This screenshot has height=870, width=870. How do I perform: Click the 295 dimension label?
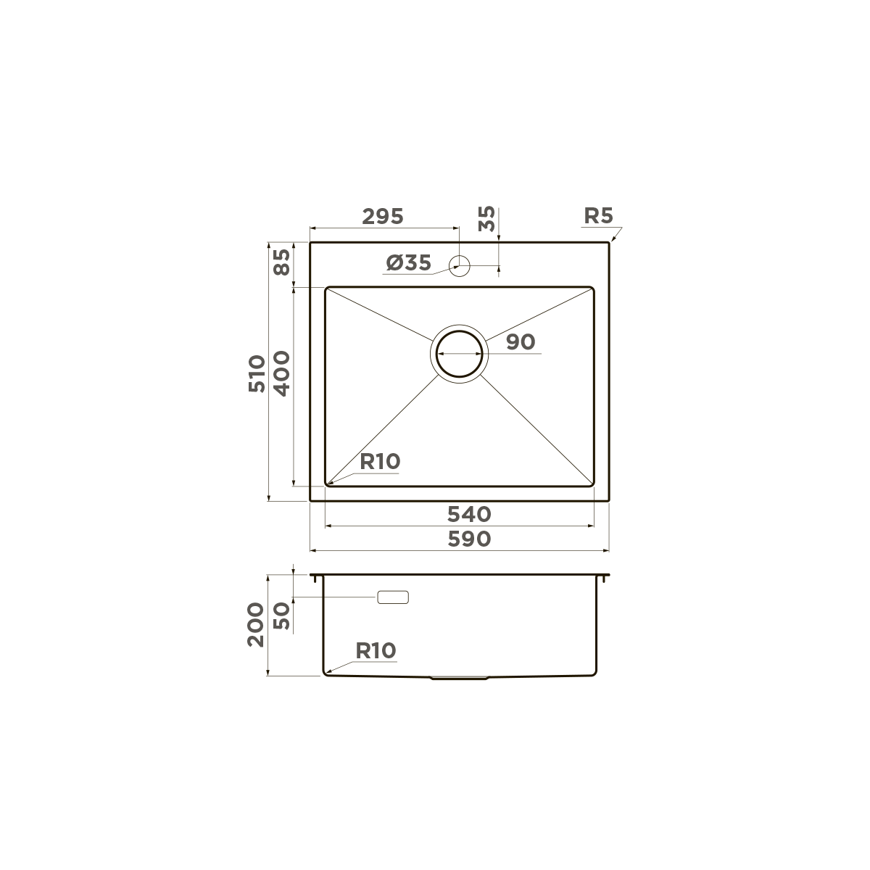click(x=382, y=216)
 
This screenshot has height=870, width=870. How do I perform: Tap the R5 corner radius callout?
click(x=598, y=215)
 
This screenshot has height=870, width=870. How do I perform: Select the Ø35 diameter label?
click(x=409, y=263)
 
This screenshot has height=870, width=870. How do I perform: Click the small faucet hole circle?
click(x=460, y=264)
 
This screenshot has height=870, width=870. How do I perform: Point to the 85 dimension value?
click(x=281, y=262)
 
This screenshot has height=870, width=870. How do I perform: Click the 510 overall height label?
click(x=257, y=373)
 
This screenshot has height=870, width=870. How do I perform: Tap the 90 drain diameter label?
click(x=520, y=341)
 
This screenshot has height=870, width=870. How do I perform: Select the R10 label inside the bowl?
click(x=380, y=462)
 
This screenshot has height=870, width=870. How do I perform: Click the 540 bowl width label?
click(x=468, y=514)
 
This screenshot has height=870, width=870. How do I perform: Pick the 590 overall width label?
click(x=468, y=539)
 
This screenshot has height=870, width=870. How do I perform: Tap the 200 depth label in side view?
click(x=257, y=626)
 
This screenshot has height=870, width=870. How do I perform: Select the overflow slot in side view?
click(x=393, y=597)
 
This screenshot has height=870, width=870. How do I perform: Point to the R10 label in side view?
click(x=376, y=651)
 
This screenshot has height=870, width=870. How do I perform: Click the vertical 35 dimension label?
click(x=487, y=218)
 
